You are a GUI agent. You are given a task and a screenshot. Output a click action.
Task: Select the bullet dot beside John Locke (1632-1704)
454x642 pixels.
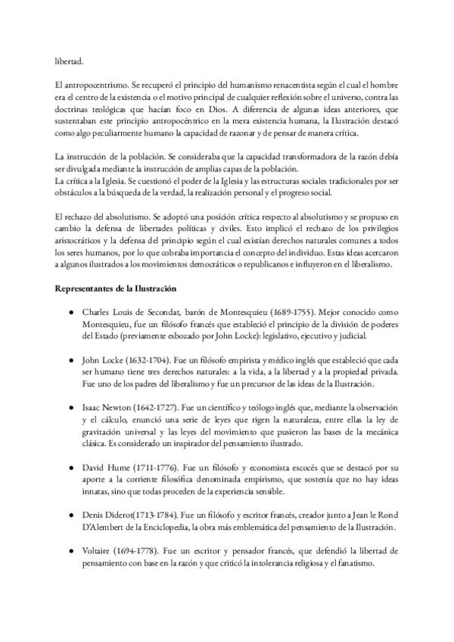pos(70,357)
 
